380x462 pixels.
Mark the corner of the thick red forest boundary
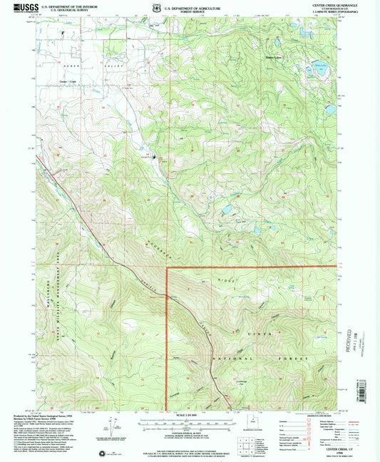(166, 268)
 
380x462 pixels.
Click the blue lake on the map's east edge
(330, 111)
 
